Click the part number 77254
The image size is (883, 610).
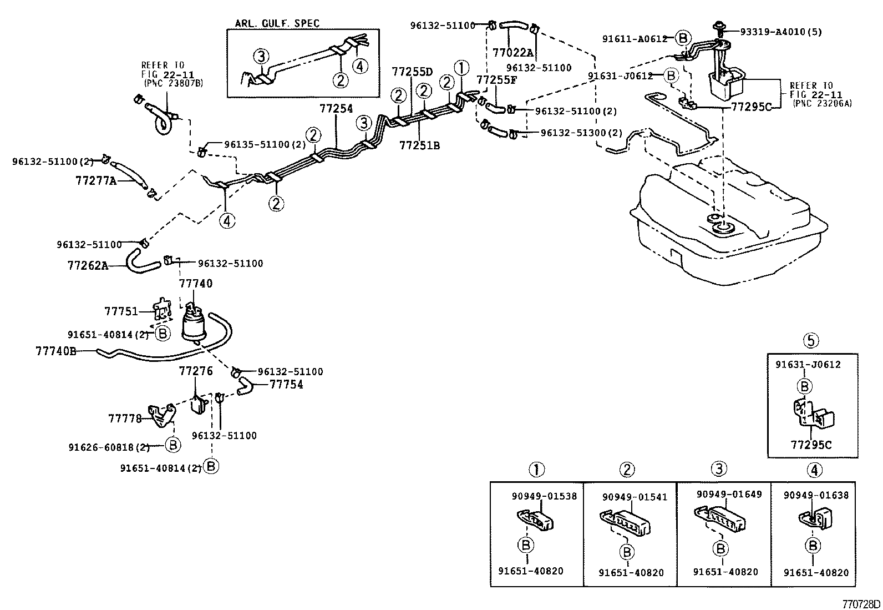coord(336,109)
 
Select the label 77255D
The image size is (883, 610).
coord(412,72)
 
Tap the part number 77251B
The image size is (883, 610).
coord(419,145)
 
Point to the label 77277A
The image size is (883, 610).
coord(96,180)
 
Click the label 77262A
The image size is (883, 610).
coord(88,265)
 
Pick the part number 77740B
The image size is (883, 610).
coord(55,351)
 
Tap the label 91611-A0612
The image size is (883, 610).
coord(635,38)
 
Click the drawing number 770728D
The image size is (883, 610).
coord(861,603)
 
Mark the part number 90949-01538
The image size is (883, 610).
coord(544,496)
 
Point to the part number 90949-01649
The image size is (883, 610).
coord(729,495)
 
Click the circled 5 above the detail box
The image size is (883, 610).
coord(812,340)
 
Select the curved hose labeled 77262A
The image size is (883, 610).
coord(142,261)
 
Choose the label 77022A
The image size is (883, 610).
coord(512,53)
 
